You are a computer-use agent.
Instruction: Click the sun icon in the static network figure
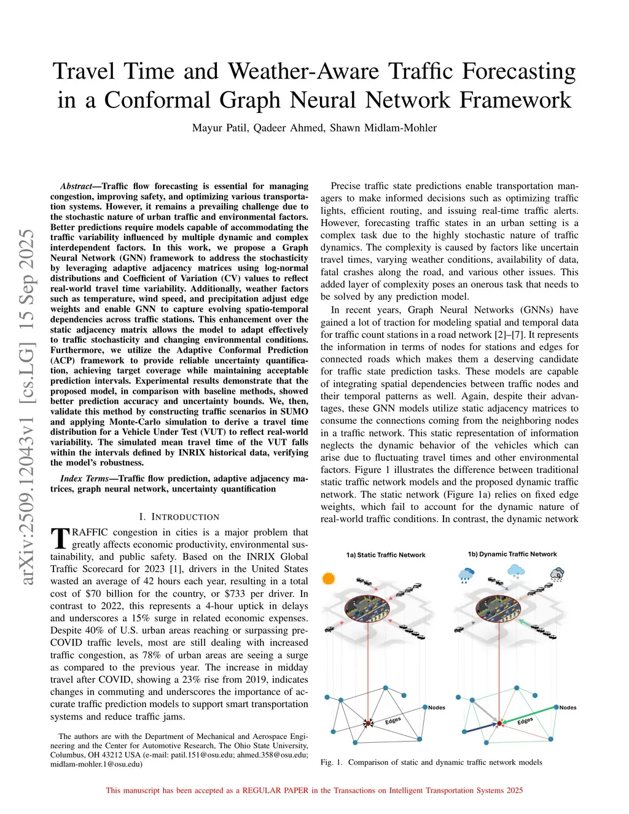point(329,578)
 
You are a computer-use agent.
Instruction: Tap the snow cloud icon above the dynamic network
point(515,572)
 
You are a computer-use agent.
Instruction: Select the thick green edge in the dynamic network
point(529,716)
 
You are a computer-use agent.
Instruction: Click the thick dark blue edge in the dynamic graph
point(480,728)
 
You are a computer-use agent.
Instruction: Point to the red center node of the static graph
point(369,724)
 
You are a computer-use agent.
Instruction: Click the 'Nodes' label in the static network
point(437,708)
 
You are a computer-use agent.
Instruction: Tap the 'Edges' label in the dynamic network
point(525,720)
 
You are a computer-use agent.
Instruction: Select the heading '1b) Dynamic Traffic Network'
point(512,554)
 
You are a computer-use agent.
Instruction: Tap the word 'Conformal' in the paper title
point(158,100)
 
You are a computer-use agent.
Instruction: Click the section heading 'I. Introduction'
point(179,517)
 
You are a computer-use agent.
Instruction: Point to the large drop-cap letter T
point(60,538)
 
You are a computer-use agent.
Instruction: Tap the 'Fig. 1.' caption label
point(331,762)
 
